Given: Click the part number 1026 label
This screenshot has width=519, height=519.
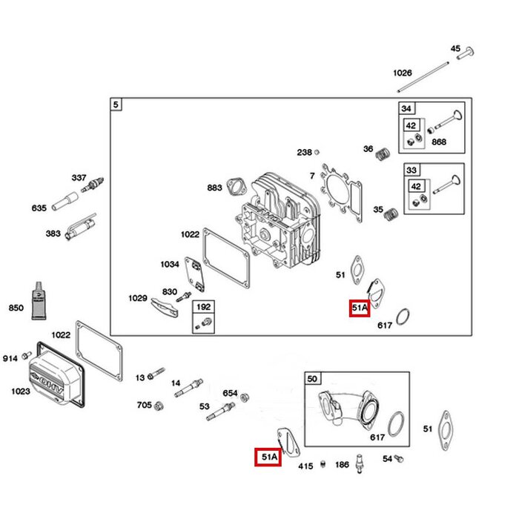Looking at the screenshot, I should [402, 73].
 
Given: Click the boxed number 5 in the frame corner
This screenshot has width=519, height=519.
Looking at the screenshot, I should [115, 105].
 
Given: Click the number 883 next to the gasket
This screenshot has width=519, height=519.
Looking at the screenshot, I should [214, 188].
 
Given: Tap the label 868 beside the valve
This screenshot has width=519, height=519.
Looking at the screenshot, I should [438, 142].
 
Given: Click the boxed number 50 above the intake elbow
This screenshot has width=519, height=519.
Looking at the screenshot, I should [312, 379].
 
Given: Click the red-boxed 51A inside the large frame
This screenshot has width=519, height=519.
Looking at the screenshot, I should [360, 308].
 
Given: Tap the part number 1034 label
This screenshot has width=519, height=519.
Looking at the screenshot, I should [170, 264].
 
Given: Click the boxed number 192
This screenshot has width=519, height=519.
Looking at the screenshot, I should [202, 306].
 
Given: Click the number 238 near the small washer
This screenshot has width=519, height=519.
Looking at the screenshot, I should [304, 152].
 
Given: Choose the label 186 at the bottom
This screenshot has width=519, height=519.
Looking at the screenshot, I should [342, 465].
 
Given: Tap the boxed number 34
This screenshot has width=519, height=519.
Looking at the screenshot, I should [406, 108].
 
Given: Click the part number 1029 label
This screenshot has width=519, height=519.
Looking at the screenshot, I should [137, 298].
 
